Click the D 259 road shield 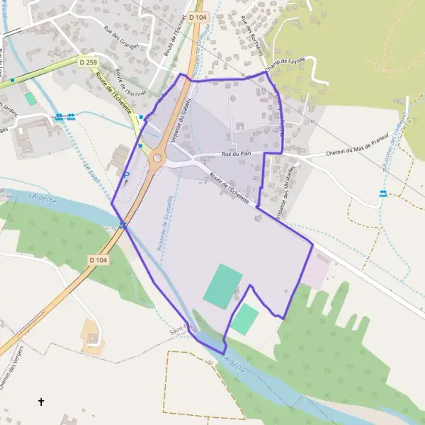(89, 63)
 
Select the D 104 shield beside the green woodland (99, 261)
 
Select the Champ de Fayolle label (286, 64)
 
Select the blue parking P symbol (127, 175)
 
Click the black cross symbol (41, 402)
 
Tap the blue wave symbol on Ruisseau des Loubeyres (383, 194)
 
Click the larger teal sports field (223, 284)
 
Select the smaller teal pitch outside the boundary (245, 319)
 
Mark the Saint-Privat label (183, 328)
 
